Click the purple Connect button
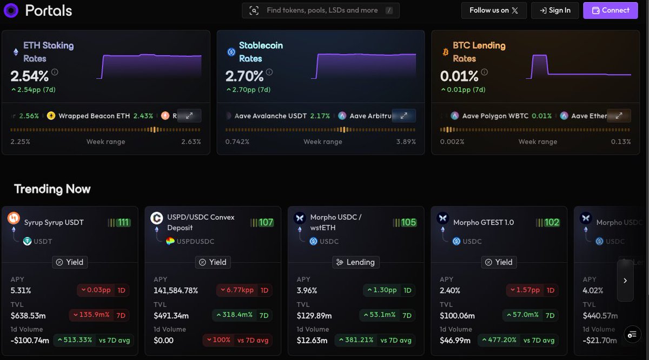click(x=611, y=10)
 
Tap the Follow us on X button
click(x=493, y=10)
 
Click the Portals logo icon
click(x=10, y=10)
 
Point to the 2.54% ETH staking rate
click(x=29, y=76)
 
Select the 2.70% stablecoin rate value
click(x=244, y=76)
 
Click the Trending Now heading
click(x=52, y=189)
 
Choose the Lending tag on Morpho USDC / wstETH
click(x=355, y=262)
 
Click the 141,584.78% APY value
click(x=176, y=290)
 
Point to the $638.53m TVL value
click(x=29, y=316)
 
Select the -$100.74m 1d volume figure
click(x=30, y=341)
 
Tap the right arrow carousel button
click(x=625, y=281)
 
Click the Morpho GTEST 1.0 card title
click(x=483, y=223)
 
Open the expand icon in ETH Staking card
click(x=189, y=116)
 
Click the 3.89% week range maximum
click(x=406, y=142)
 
